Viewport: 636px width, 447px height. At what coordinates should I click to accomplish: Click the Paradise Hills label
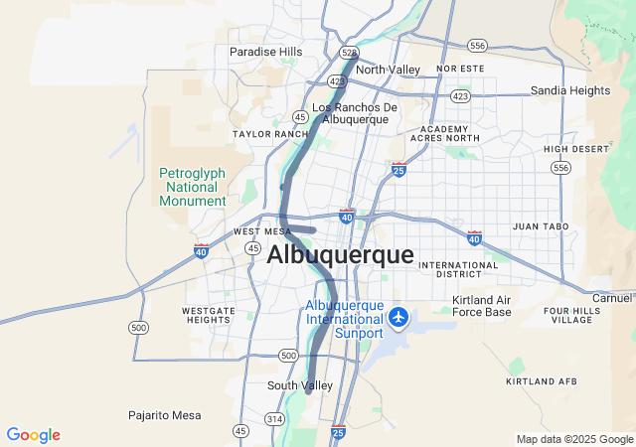click(265, 52)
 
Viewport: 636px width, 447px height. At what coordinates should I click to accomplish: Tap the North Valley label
click(388, 70)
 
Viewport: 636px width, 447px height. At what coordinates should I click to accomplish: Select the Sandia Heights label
click(569, 90)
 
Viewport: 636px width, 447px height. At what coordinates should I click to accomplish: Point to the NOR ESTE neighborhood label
click(459, 69)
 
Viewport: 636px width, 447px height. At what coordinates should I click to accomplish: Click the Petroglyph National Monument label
click(193, 187)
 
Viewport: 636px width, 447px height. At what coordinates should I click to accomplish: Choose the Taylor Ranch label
click(271, 133)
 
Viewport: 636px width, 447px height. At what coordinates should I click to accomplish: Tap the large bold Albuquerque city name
click(340, 254)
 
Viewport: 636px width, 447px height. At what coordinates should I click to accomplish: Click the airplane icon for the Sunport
click(399, 317)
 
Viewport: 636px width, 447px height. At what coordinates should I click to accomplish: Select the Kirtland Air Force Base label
click(481, 306)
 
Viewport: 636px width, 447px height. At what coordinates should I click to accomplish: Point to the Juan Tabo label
click(541, 226)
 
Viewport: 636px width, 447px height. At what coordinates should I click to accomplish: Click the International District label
click(457, 270)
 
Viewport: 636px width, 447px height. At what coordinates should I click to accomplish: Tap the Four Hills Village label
click(571, 315)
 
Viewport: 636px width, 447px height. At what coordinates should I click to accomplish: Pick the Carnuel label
click(612, 297)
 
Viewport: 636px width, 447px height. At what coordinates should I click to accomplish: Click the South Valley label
click(299, 385)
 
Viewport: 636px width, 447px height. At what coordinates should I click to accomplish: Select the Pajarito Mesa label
click(164, 415)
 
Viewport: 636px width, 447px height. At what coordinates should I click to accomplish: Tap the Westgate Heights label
click(209, 316)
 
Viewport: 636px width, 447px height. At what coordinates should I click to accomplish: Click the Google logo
click(33, 435)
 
